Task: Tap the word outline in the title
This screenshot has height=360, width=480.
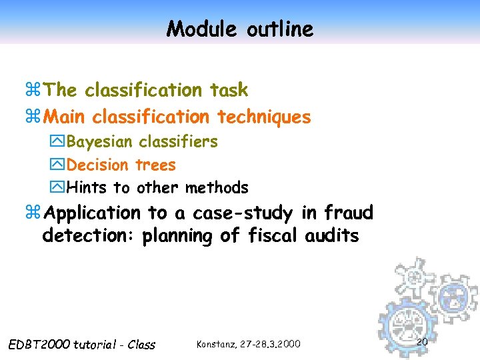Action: [279, 29]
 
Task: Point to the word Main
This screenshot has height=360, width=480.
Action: [65, 117]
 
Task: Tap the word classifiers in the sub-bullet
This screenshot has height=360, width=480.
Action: [178, 142]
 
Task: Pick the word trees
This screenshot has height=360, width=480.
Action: [155, 165]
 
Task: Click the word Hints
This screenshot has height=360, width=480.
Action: [87, 188]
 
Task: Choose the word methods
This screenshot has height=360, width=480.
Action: [217, 188]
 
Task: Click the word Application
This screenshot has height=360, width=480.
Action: [93, 213]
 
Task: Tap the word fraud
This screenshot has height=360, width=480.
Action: [349, 213]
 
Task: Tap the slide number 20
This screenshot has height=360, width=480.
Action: [421, 342]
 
